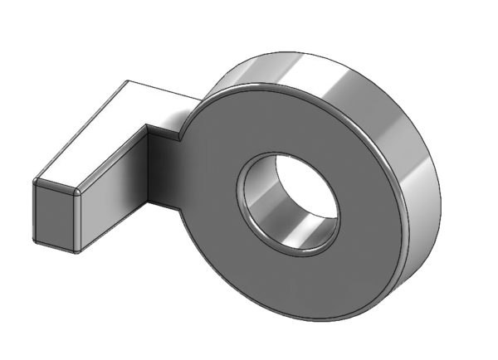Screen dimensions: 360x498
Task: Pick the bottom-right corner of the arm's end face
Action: click(76, 251)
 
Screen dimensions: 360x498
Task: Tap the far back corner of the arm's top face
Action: click(127, 81)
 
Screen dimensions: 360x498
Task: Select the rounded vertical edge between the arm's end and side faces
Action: click(80, 220)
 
